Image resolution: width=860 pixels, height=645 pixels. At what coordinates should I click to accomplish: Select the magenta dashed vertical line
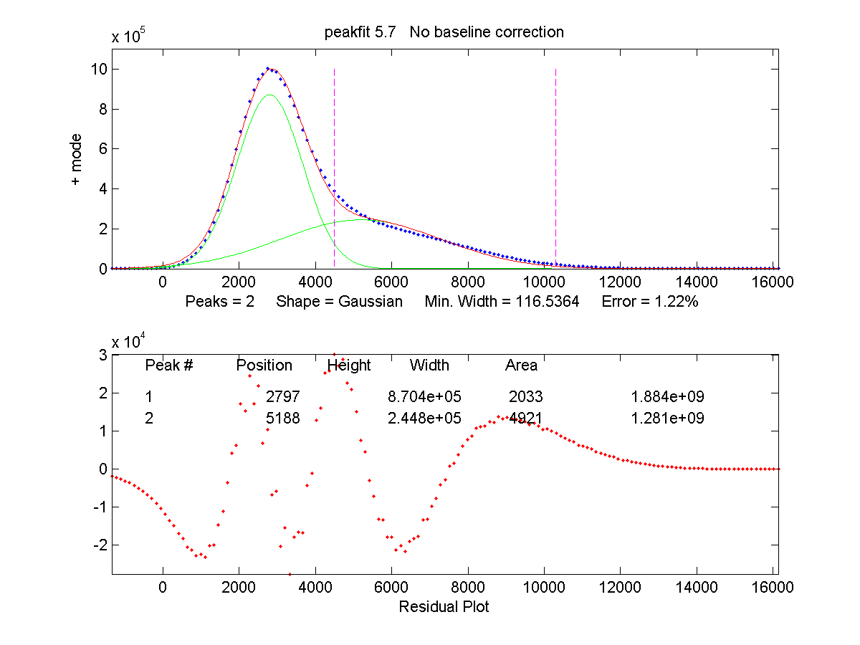[335, 143]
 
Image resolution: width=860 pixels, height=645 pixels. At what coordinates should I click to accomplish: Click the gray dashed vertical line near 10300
[555, 143]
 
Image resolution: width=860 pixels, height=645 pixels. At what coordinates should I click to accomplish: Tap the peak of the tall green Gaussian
[269, 95]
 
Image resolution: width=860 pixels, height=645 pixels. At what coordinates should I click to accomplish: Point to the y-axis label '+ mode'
[76, 160]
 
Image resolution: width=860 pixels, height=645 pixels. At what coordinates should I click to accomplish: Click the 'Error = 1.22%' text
[650, 302]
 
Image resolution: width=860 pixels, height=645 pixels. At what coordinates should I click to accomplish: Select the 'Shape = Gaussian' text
[339, 302]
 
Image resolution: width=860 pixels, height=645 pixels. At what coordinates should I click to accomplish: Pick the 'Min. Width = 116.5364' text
[502, 302]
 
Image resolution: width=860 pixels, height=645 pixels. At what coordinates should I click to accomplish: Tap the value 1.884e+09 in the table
[667, 396]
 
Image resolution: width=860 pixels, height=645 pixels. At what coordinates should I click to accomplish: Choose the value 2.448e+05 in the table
[424, 418]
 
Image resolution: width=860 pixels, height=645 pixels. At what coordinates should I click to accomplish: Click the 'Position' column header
[264, 365]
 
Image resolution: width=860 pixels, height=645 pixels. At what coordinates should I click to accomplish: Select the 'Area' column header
[521, 365]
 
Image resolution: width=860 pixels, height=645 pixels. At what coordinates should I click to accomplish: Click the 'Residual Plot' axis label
[444, 607]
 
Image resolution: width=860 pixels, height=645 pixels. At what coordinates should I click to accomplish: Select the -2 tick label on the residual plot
[100, 545]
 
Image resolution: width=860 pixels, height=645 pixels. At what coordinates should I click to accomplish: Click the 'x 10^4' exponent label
[130, 341]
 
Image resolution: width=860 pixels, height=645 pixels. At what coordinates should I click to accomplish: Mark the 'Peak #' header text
[169, 365]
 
